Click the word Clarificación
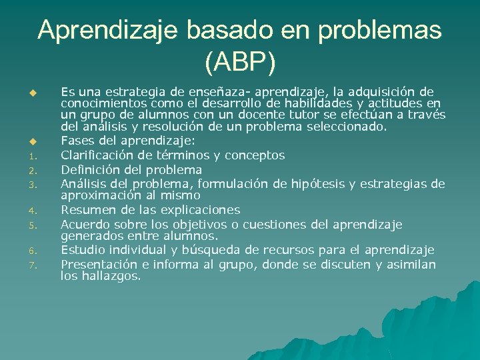click(97, 155)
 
